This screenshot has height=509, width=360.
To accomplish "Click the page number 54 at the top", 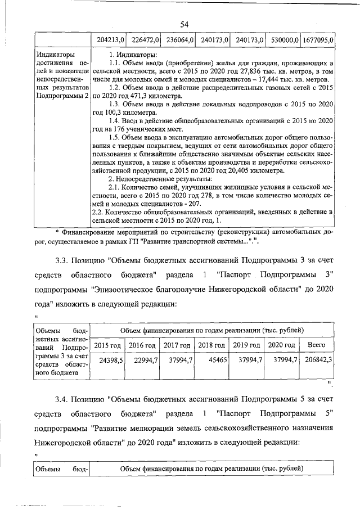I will click(184, 24).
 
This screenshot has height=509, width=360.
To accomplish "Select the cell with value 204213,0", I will click(110, 40).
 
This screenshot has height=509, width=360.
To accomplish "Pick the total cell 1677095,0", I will click(318, 40).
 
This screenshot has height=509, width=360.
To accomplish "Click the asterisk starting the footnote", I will click(57, 232).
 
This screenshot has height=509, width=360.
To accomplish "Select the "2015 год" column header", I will click(107, 345).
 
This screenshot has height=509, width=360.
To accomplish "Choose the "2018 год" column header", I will click(212, 345).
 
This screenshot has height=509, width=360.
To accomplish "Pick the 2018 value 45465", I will click(217, 359).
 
